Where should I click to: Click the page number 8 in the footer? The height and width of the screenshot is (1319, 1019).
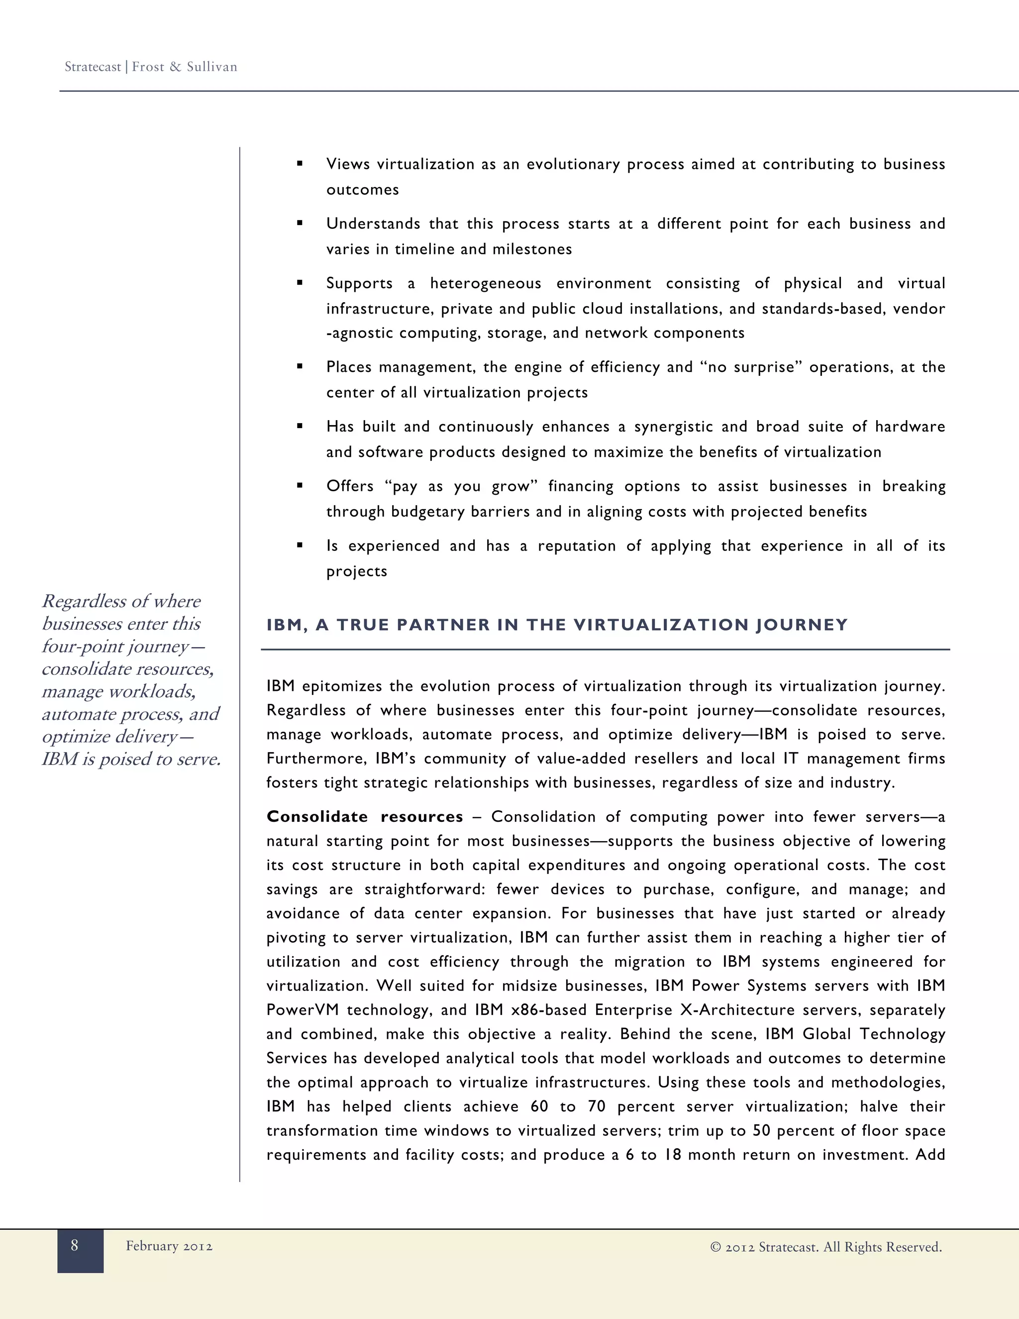tap(74, 1245)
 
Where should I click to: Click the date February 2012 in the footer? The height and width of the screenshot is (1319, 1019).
tap(169, 1246)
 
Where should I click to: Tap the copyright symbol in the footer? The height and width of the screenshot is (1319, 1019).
tap(715, 1247)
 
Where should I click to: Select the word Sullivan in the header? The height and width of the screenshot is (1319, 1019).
tap(211, 67)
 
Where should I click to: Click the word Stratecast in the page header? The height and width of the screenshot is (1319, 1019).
tap(93, 67)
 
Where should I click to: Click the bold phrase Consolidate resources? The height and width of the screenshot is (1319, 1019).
tap(365, 816)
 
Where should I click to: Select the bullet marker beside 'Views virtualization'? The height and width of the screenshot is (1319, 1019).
tap(300, 164)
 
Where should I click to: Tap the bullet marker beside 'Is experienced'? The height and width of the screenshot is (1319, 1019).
tap(300, 546)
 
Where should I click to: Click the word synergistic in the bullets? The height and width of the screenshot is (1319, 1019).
tap(673, 427)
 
